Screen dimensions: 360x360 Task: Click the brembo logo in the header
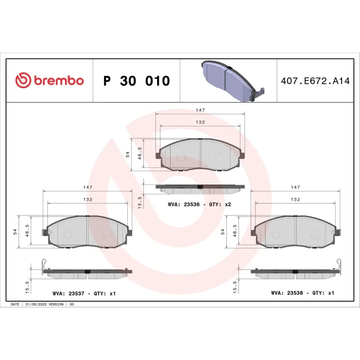pyautogui.click(x=49, y=81)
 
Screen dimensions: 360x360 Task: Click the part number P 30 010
pyautogui.click(x=136, y=81)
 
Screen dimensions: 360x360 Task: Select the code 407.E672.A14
pyautogui.click(x=315, y=81)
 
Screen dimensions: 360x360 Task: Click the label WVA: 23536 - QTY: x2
pyautogui.click(x=199, y=204)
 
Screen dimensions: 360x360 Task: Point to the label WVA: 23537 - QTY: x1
pyautogui.click(x=85, y=293)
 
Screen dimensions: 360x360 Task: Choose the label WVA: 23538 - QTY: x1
pyautogui.click(x=302, y=292)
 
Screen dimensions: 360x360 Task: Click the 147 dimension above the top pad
pyautogui.click(x=200, y=109)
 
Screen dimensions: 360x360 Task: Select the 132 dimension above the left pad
pyautogui.click(x=87, y=199)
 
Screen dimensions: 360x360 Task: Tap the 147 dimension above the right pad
pyautogui.click(x=295, y=187)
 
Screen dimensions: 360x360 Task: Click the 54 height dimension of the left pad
pyautogui.click(x=15, y=231)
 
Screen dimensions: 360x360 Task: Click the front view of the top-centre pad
pyautogui.click(x=200, y=156)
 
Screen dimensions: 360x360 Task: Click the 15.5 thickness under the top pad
pyautogui.click(x=140, y=202)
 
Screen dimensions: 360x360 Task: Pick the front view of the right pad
pyautogui.click(x=295, y=232)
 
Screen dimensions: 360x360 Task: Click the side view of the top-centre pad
pyautogui.click(x=200, y=187)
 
